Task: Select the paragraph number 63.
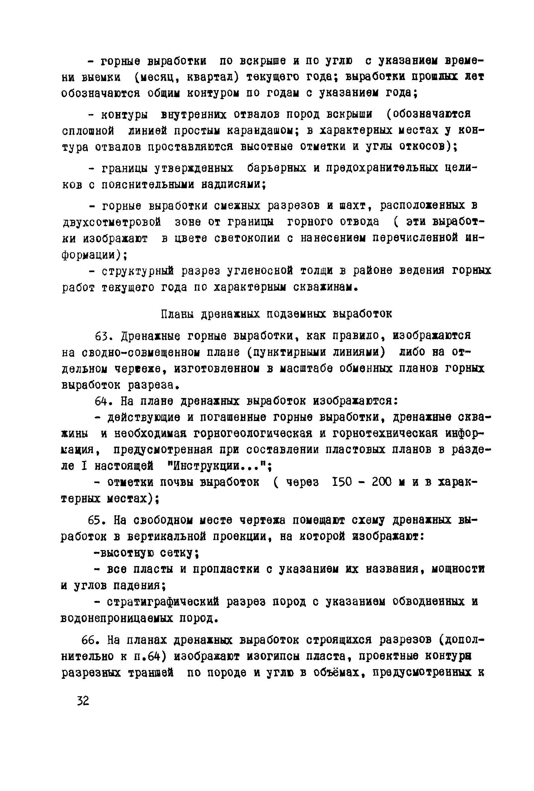pyautogui.click(x=101, y=336)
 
